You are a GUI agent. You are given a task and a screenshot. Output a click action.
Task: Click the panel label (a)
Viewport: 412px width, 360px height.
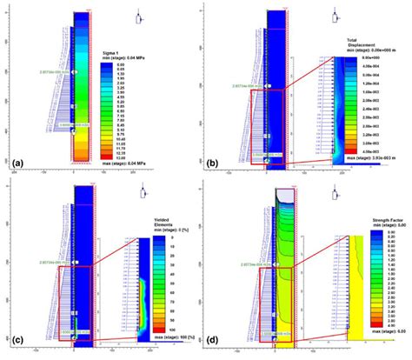15,162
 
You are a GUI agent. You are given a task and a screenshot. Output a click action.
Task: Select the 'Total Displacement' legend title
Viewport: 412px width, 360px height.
362,45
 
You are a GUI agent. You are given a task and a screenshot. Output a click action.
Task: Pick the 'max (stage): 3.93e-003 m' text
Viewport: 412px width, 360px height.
365,158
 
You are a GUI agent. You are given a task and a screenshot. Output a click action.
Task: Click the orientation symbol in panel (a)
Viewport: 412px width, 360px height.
139,18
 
